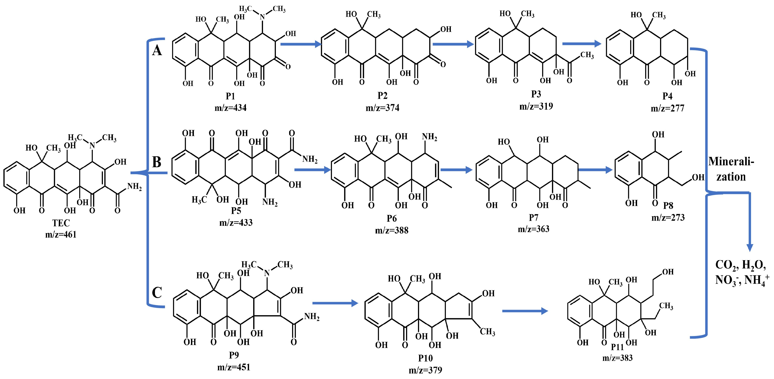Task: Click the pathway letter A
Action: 157,50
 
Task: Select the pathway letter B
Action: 157,162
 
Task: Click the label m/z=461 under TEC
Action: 61,234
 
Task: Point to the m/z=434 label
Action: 230,108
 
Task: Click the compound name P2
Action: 382,95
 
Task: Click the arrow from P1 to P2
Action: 300,44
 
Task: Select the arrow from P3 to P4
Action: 581,44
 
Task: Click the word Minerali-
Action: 731,162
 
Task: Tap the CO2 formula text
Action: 726,265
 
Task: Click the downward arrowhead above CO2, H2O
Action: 750,248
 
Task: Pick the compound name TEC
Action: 61,223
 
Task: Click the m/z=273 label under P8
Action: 668,217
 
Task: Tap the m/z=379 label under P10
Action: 425,370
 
